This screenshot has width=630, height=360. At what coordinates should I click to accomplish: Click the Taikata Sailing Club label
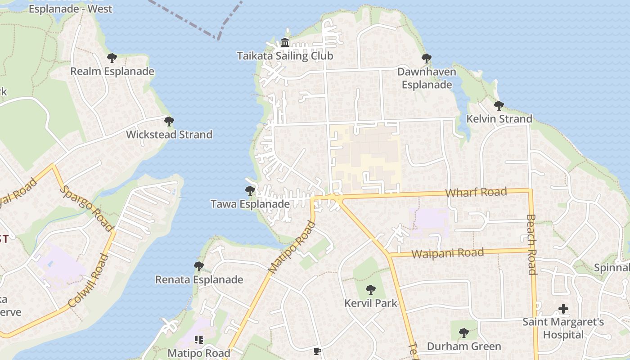pyautogui.click(x=285, y=56)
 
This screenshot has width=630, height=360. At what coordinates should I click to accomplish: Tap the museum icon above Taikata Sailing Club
pyautogui.click(x=285, y=43)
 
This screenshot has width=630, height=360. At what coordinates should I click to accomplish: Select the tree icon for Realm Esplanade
pyautogui.click(x=112, y=58)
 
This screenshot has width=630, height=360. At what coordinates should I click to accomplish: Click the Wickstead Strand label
pyautogui.click(x=169, y=135)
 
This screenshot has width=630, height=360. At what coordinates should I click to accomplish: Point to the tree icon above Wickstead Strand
pyautogui.click(x=169, y=121)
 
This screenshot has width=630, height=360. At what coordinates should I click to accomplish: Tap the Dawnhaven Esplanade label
pyautogui.click(x=426, y=78)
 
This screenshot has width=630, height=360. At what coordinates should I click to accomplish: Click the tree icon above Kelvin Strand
pyautogui.click(x=499, y=106)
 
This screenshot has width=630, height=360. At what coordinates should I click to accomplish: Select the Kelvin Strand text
pyautogui.click(x=499, y=119)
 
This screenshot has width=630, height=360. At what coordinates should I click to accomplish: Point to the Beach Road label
pyautogui.click(x=531, y=244)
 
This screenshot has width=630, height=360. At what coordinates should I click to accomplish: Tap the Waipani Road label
pyautogui.click(x=447, y=253)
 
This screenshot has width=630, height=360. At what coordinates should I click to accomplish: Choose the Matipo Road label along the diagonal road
pyautogui.click(x=292, y=247)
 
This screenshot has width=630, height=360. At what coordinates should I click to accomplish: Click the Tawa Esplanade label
pyautogui.click(x=250, y=204)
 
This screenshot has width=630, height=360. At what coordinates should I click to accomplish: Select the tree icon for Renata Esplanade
pyautogui.click(x=198, y=266)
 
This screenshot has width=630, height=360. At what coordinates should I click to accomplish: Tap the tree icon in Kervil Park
pyautogui.click(x=371, y=289)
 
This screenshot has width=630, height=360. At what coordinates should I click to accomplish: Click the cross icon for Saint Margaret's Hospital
pyautogui.click(x=563, y=309)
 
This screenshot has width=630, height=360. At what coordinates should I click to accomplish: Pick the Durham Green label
pyautogui.click(x=463, y=346)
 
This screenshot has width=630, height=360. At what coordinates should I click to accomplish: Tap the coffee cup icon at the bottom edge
pyautogui.click(x=317, y=351)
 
